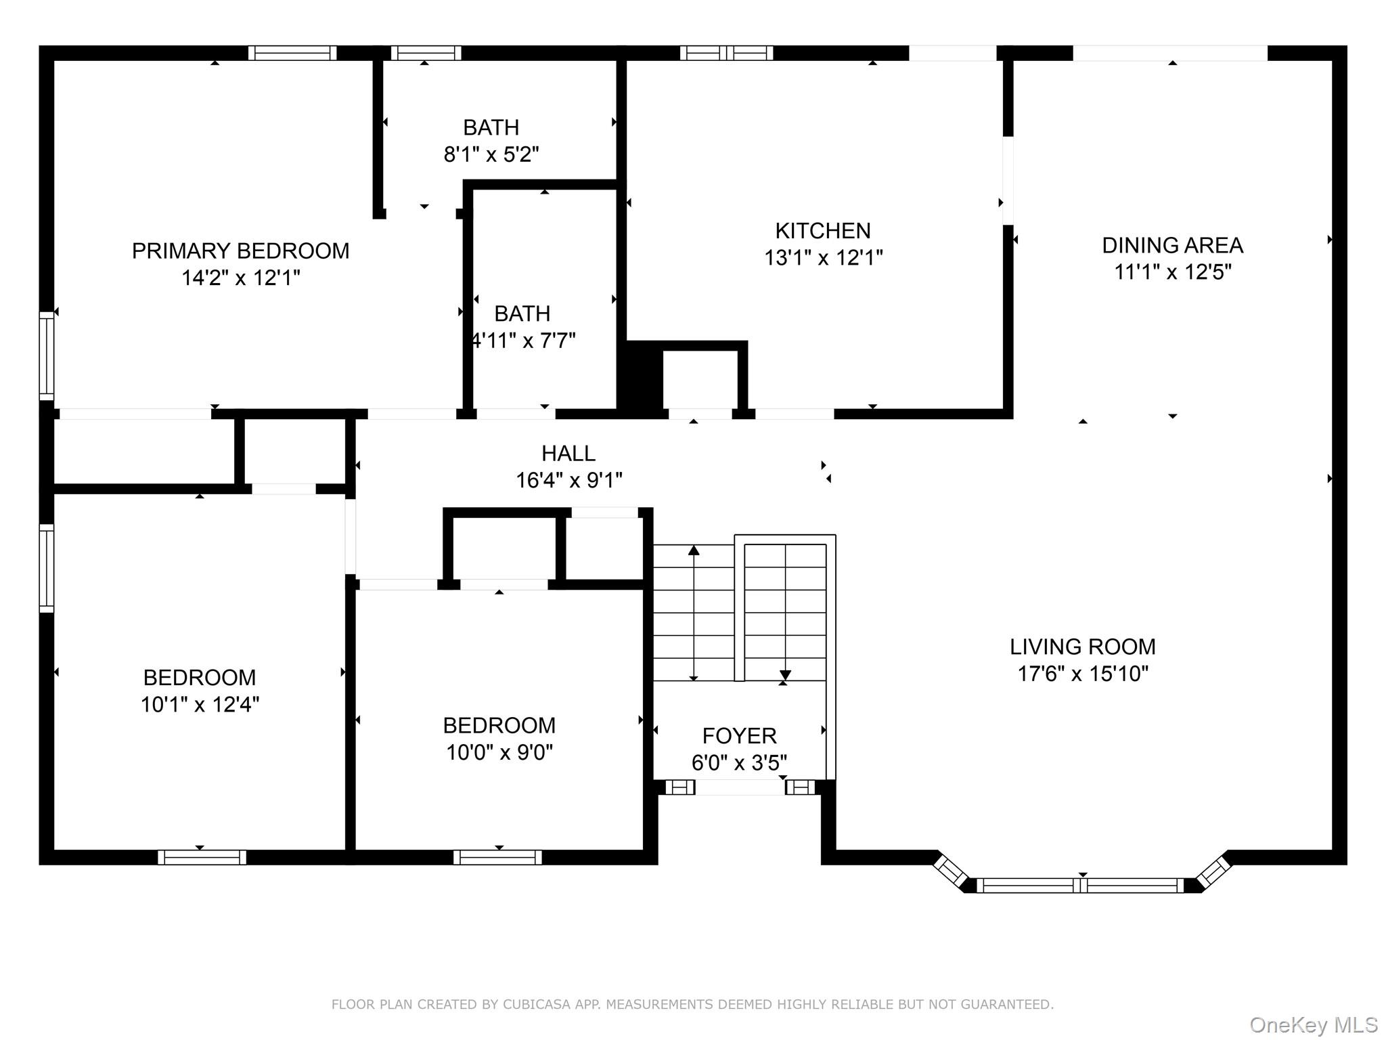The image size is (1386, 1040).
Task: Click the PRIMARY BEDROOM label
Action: (240, 251)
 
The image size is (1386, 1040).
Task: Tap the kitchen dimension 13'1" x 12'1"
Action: (823, 258)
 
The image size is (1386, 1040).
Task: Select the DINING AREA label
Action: (1172, 245)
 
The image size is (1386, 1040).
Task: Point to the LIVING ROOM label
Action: (1082, 647)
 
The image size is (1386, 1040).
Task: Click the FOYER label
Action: (739, 735)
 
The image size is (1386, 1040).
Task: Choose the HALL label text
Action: (568, 453)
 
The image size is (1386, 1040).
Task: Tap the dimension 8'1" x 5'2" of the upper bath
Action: (491, 154)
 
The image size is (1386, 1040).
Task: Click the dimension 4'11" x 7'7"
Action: (523, 340)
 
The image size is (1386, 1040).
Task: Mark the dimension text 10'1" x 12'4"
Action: (200, 704)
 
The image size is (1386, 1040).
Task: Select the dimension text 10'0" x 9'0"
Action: (499, 752)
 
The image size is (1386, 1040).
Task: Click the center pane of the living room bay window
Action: (1081, 885)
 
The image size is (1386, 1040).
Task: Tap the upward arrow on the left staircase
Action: (694, 550)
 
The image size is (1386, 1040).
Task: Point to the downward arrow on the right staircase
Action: (785, 674)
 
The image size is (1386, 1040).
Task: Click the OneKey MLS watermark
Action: (1313, 1024)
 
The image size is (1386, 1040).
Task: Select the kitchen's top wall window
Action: (726, 53)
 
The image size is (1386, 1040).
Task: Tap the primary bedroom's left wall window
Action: (46, 355)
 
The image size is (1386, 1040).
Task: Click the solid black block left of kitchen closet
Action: (640, 379)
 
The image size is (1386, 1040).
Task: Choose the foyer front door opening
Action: (740, 787)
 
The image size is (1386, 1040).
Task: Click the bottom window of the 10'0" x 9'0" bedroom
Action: (497, 857)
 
